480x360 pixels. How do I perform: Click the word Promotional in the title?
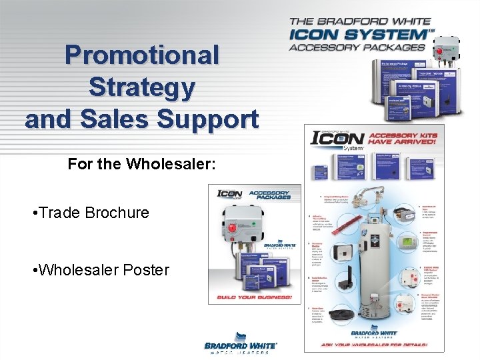tap(142, 55)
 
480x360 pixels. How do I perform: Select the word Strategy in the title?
tap(142, 87)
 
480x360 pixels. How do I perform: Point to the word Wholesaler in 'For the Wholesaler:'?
tap(171, 163)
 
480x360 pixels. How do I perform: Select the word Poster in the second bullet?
tap(147, 270)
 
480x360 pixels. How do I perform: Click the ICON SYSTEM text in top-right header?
tap(359, 33)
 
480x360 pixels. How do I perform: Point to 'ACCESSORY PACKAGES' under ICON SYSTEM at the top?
tap(357, 47)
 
